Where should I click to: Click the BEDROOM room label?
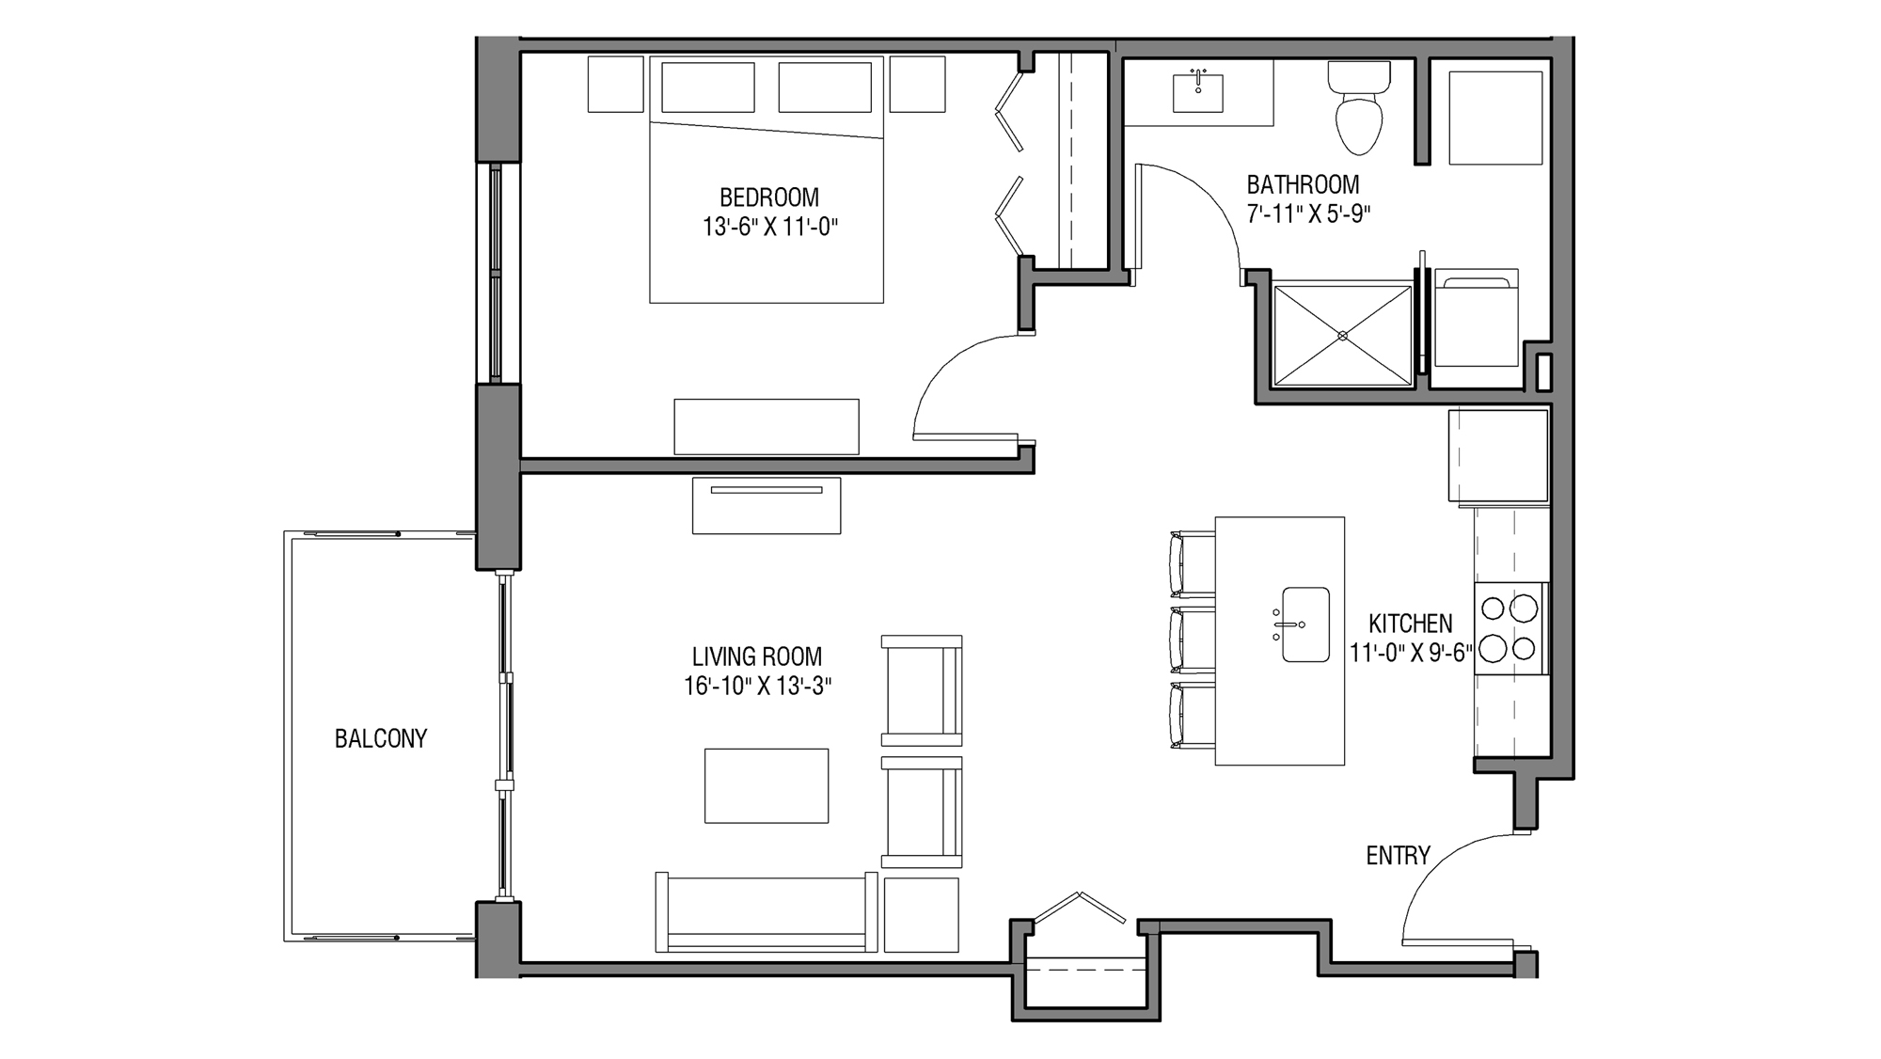768,198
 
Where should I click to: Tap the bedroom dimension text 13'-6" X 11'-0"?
768,227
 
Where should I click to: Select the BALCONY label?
381,738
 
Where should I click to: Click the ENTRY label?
1398,855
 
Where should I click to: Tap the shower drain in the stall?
1342,336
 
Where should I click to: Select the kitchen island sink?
1305,624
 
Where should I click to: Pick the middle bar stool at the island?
1191,640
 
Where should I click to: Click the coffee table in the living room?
767,785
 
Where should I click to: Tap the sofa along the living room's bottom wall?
766,912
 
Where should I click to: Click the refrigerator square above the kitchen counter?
1497,455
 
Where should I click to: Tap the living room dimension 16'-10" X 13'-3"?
757,686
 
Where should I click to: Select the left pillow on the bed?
707,87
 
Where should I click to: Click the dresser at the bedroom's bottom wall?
766,427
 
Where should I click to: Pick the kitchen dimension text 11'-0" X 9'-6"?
1410,652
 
